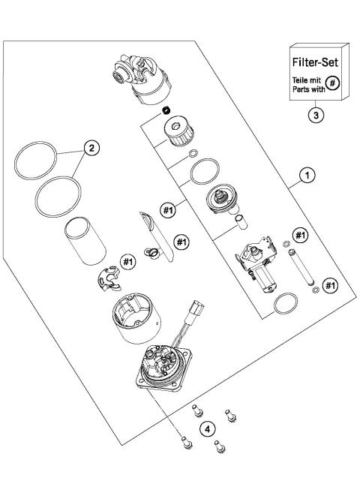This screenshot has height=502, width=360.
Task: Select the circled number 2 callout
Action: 91,148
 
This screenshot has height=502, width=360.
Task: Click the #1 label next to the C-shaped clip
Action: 127,260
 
